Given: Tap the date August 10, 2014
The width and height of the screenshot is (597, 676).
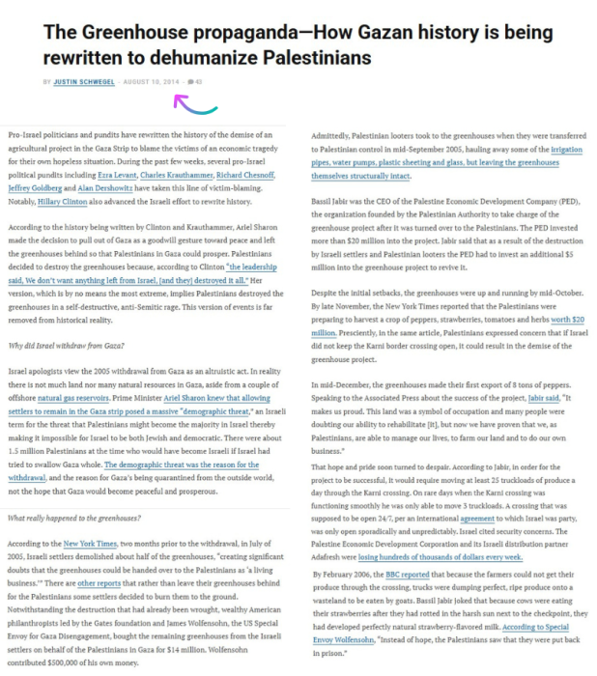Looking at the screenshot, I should point(151,81).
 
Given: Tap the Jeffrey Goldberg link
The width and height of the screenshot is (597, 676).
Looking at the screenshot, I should point(35,190).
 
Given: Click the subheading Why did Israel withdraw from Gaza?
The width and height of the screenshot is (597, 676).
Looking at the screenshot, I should point(66,345).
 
